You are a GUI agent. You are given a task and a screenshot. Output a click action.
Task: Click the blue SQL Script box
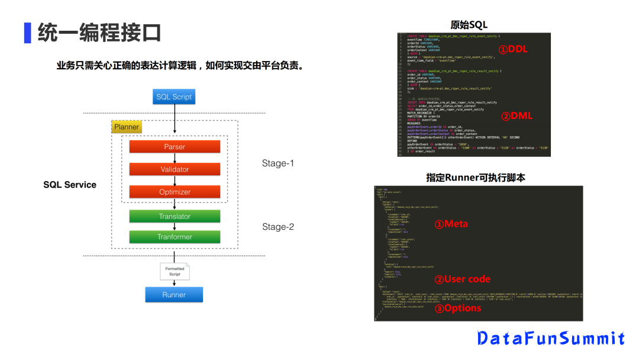point(174,97)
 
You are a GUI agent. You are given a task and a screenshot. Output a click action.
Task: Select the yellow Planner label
point(127,127)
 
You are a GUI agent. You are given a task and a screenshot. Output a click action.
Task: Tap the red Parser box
point(175,147)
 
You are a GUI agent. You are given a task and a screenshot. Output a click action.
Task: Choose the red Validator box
point(175,169)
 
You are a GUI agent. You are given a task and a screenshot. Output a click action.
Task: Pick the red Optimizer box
point(175,192)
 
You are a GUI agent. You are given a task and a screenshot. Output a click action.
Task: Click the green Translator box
point(175,216)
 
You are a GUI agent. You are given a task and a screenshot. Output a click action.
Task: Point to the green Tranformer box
point(175,237)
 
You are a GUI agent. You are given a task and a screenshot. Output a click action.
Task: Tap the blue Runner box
point(174,294)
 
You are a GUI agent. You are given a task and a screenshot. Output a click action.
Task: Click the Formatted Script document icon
point(175,271)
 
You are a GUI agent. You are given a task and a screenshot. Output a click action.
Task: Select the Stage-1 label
point(278,163)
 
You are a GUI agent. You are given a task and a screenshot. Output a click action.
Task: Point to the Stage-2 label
point(278,227)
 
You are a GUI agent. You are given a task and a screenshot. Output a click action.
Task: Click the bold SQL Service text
point(70,185)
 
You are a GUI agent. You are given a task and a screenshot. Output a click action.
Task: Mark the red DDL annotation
point(512,50)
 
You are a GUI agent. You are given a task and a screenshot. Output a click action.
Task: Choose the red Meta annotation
point(451,224)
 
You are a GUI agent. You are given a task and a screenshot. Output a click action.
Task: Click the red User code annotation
point(463,279)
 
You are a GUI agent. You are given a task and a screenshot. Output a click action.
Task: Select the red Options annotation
point(458,308)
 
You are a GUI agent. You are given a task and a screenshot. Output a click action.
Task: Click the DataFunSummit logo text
point(551,338)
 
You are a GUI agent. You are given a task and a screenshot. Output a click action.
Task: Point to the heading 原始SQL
point(469,24)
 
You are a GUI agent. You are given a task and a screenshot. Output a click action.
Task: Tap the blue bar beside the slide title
point(27,33)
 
